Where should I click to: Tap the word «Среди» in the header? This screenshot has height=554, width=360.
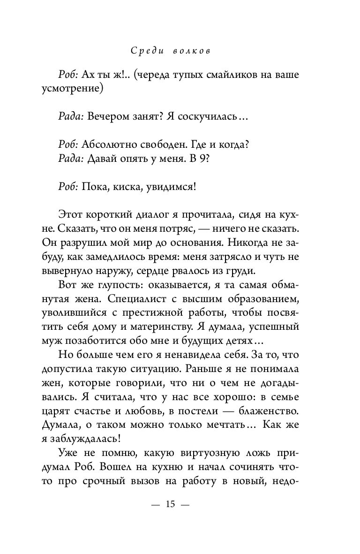[147, 51]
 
